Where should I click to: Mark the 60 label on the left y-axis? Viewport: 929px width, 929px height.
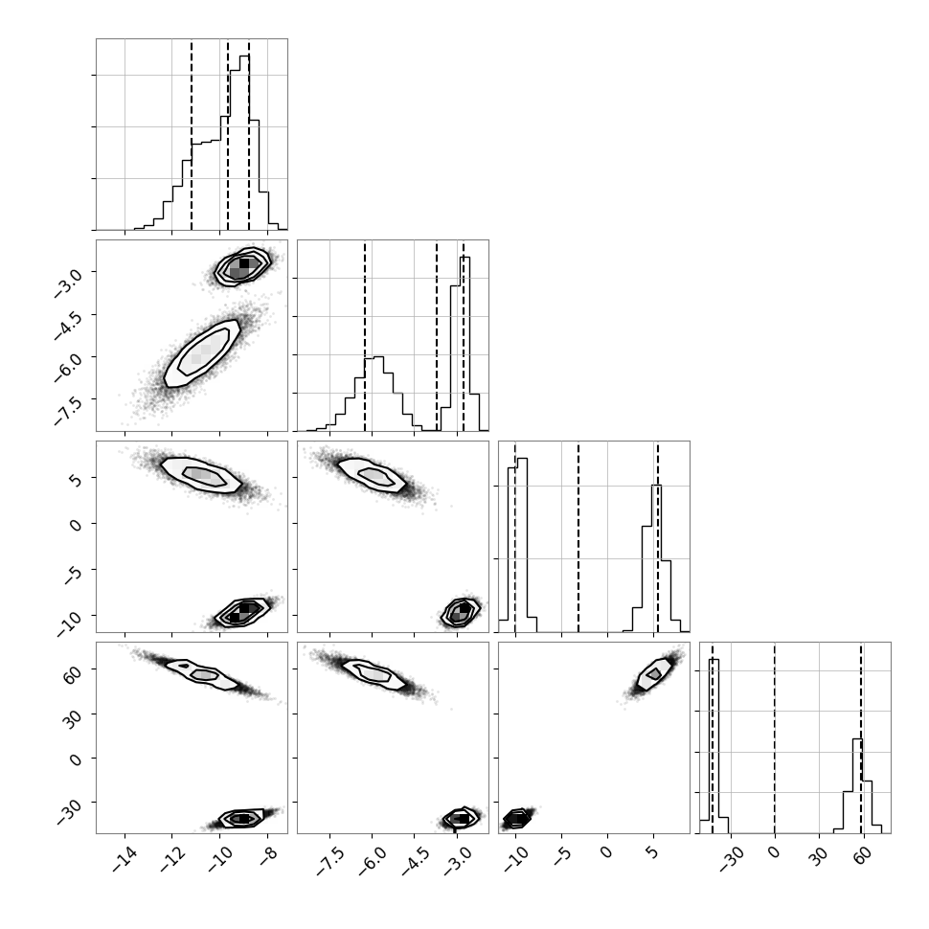click(72, 673)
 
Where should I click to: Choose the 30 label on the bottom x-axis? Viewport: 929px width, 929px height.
click(817, 856)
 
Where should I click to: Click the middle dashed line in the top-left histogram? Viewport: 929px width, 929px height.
click(228, 135)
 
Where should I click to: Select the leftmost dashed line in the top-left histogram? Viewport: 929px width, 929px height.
click(192, 135)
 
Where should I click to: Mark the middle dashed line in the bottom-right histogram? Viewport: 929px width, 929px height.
click(775, 738)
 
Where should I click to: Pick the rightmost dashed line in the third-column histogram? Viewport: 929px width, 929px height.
click(658, 537)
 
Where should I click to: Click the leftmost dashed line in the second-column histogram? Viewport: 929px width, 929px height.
click(365, 336)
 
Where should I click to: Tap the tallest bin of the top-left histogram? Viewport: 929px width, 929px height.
click(244, 142)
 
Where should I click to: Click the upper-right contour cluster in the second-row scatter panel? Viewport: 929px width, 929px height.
click(243, 267)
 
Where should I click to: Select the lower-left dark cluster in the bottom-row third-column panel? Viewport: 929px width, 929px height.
click(517, 818)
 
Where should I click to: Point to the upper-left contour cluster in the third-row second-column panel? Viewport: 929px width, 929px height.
click(372, 475)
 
